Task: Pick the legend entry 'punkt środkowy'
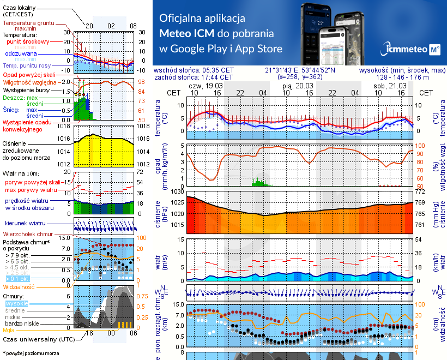pyautogui.click(x=28, y=41)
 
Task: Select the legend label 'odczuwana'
pyautogui.click(x=21, y=53)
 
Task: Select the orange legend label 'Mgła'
pyautogui.click(x=9, y=330)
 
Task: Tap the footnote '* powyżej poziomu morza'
pyautogui.click(x=31, y=353)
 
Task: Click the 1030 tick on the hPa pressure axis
pyautogui.click(x=178, y=192)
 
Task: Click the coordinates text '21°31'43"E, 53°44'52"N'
pyautogui.click(x=300, y=70)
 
